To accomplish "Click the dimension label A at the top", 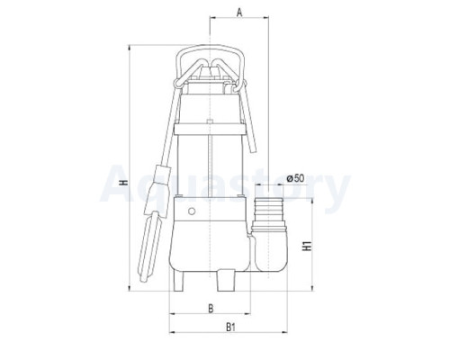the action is [239, 13].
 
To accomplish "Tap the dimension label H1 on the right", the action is [307, 246].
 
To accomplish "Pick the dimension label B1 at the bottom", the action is [230, 327].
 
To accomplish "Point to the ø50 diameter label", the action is [295, 178].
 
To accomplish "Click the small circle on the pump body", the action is [192, 211].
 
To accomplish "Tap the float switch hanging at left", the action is [151, 223].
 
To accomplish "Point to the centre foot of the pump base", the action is [226, 280].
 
